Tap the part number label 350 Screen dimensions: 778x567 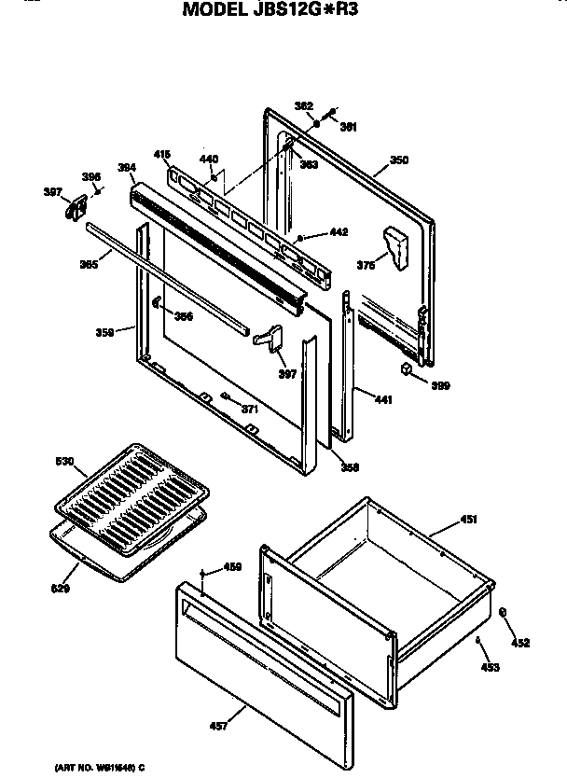point(398,160)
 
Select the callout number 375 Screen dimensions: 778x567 point(366,265)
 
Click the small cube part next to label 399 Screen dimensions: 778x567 point(408,370)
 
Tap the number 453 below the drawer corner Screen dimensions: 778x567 point(490,666)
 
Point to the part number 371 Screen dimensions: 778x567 point(248,409)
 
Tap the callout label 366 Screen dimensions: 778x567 point(183,316)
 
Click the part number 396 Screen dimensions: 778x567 point(90,176)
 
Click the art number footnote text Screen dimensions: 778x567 point(94,767)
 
